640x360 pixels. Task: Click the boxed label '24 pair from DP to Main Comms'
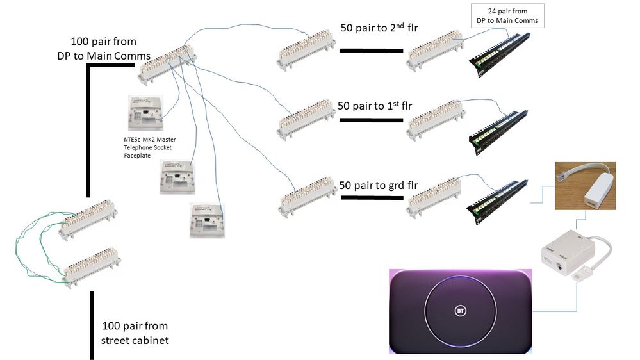(x=507, y=15)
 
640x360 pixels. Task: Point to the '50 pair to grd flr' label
(x=378, y=186)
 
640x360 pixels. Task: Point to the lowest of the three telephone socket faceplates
(x=208, y=220)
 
